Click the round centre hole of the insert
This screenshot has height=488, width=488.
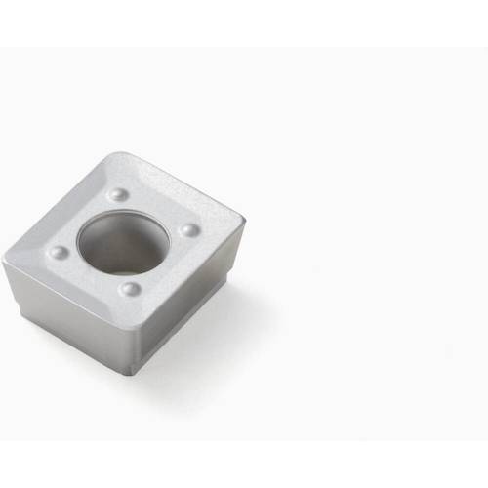(x=123, y=243)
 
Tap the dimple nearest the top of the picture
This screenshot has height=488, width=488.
(x=118, y=194)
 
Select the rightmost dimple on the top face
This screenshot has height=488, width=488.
(x=189, y=230)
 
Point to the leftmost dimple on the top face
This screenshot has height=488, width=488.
(x=59, y=252)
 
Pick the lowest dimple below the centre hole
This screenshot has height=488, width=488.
(x=130, y=290)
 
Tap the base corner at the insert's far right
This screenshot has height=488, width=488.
(x=227, y=286)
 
